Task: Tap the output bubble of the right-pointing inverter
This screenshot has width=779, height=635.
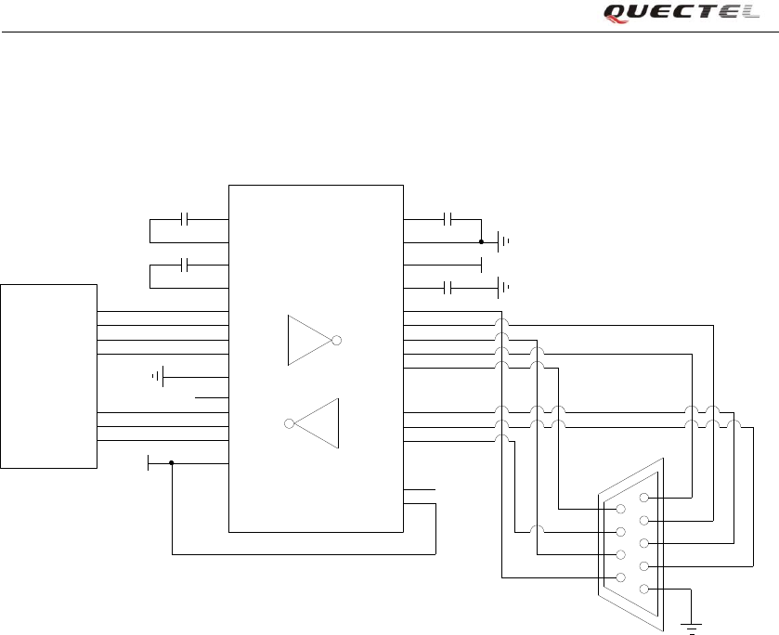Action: pos(338,341)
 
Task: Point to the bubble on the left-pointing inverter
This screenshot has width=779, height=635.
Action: pos(290,424)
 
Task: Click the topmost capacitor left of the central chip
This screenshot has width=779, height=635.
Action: pos(186,219)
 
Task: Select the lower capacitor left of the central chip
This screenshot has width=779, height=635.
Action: pos(186,266)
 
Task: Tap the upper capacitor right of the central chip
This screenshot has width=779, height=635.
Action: pos(448,219)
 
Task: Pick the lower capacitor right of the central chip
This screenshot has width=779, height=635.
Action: pos(448,287)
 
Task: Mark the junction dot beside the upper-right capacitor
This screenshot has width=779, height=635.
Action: pos(481,242)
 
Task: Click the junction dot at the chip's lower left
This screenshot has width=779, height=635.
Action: pos(173,462)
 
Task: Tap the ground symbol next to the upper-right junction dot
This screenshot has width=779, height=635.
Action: pos(503,242)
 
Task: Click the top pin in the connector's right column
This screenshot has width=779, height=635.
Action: pos(644,498)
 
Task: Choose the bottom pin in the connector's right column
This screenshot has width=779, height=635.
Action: pos(644,590)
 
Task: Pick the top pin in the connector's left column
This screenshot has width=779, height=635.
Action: pos(620,509)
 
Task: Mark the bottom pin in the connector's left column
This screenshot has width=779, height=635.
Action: pos(620,578)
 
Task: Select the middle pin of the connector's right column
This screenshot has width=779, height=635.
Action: pos(644,543)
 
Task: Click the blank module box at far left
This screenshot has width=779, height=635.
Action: pos(49,376)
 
